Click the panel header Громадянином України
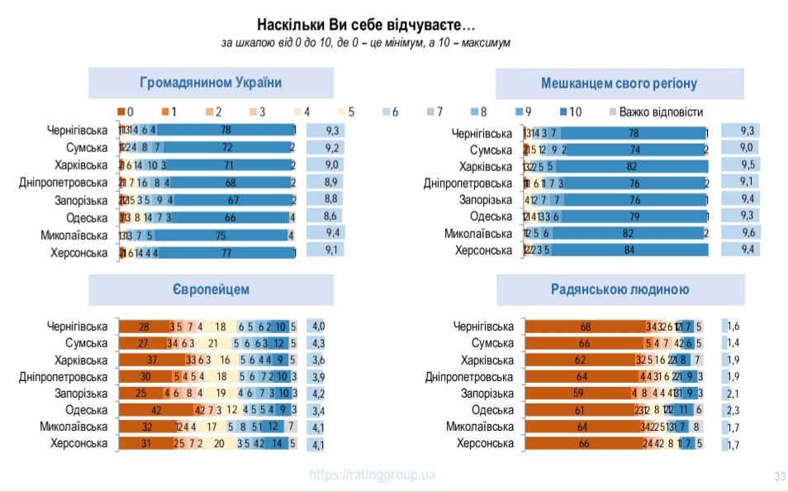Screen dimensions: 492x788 pos(211,83)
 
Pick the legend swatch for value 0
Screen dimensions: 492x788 pos(121,111)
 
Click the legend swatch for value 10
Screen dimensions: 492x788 pos(564,111)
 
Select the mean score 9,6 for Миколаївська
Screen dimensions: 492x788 pos(748,233)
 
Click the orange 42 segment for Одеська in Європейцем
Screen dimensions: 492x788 pos(154,409)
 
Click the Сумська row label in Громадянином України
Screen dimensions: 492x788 pos(87,147)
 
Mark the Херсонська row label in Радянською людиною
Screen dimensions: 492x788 pos(485,444)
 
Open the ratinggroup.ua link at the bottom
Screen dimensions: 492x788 pos(372,475)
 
